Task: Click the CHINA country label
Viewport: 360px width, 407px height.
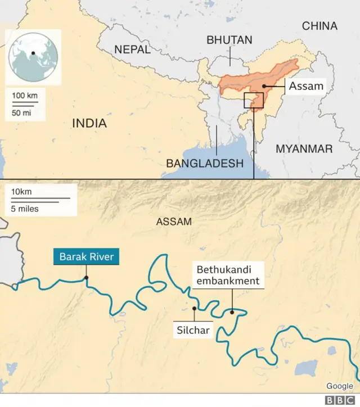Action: tap(319, 26)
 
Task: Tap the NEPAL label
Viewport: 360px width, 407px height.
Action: tap(132, 49)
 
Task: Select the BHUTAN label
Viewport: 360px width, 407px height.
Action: tap(229, 40)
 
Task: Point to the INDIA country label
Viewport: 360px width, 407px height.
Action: tap(89, 123)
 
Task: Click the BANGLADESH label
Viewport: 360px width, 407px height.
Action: tap(205, 163)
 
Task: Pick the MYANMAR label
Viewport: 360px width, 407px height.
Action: tap(304, 149)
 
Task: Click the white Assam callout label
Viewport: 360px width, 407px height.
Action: tap(306, 86)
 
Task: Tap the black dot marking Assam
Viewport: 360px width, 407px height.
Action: tap(263, 87)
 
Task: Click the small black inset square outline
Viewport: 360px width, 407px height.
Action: tap(254, 101)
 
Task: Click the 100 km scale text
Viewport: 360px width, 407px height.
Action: tap(25, 96)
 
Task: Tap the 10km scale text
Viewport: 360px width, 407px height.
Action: tap(21, 192)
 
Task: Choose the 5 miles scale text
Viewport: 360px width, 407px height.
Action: tap(25, 209)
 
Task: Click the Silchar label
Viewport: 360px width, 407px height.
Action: tap(193, 331)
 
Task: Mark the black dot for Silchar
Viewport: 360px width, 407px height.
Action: tap(194, 308)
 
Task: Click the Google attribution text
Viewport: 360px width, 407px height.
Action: tap(339, 386)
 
